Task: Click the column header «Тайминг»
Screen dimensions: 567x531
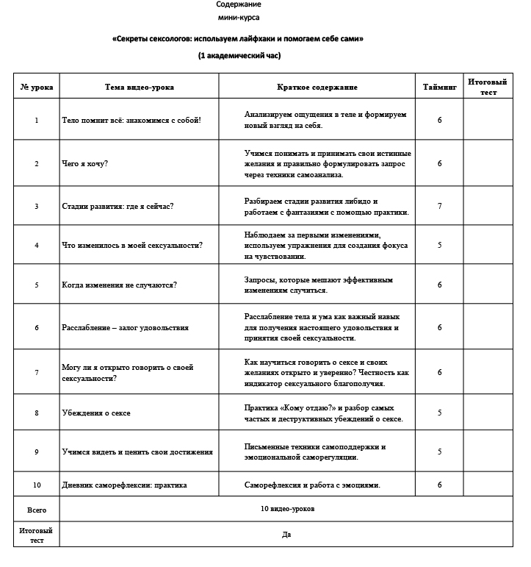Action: pos(439,87)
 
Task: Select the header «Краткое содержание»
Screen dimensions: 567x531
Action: pos(317,87)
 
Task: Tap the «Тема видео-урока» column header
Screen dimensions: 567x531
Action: pos(140,87)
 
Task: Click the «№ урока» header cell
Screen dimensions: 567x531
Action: pos(36,87)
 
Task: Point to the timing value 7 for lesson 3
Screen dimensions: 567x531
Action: pos(439,206)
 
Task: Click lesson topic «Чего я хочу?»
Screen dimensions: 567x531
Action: pos(84,163)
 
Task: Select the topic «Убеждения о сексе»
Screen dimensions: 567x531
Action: pos(96,413)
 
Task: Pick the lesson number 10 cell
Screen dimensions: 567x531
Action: pos(36,485)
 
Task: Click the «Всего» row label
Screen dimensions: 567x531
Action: pos(36,509)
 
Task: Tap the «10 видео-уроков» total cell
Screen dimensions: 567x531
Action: pos(287,509)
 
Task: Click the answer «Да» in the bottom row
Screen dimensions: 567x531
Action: pos(287,535)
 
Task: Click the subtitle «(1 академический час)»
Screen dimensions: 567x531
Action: pos(239,55)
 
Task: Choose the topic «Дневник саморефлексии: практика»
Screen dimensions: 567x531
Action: pos(124,485)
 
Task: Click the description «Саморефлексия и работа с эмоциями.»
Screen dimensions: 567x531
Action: pos(312,485)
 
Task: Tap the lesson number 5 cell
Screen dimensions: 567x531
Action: pos(36,285)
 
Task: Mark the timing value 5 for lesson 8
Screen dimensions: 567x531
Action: pos(439,413)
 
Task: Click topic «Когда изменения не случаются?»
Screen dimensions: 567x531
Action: pos(119,285)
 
